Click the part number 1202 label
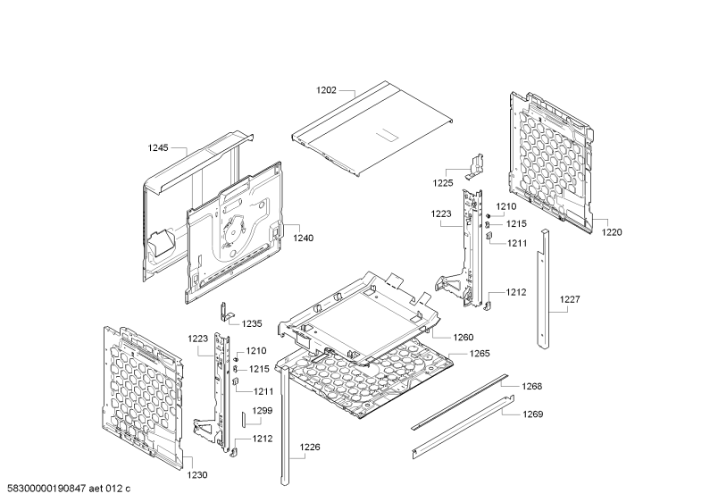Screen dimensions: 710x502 326,90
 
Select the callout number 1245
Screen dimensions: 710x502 157,147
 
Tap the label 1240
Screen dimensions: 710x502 303,238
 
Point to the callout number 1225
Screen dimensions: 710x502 442,183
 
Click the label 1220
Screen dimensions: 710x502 611,232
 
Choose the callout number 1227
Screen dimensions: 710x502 569,299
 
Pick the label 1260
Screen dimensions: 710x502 464,337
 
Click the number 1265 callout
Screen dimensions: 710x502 479,354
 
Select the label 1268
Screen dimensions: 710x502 531,386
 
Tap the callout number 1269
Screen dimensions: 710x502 532,414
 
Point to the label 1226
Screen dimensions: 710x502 310,448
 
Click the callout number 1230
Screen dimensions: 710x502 197,475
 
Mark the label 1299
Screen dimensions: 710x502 263,411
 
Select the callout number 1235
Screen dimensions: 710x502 252,323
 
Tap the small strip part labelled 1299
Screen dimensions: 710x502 244,420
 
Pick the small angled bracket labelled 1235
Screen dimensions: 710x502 225,312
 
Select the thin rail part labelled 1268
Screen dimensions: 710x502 460,402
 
